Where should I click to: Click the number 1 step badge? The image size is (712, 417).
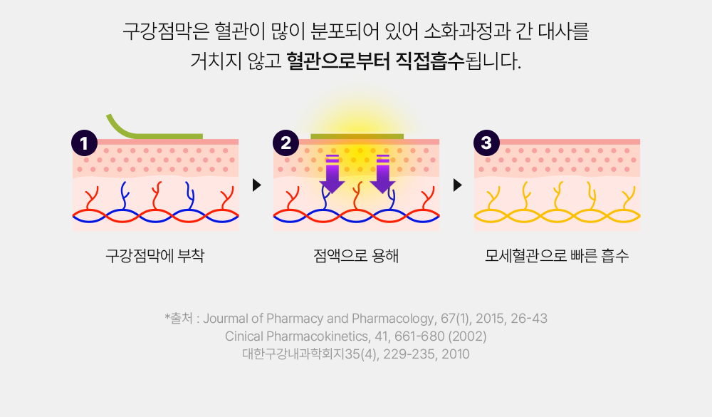coord(84,143)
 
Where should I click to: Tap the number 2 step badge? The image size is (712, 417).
coord(286,143)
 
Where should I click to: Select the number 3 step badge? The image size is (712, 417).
coord(486,143)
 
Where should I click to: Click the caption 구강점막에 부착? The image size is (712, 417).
coord(155,256)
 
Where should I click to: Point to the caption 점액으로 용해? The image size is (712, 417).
coord(355,256)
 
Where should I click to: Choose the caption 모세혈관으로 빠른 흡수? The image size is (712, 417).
coord(557,256)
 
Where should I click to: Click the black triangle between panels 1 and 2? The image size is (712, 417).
coord(256,185)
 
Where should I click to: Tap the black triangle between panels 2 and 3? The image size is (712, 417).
coord(457,185)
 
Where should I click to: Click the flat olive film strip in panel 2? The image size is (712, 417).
coord(357,135)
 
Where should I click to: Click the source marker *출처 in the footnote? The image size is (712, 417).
coord(179,319)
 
